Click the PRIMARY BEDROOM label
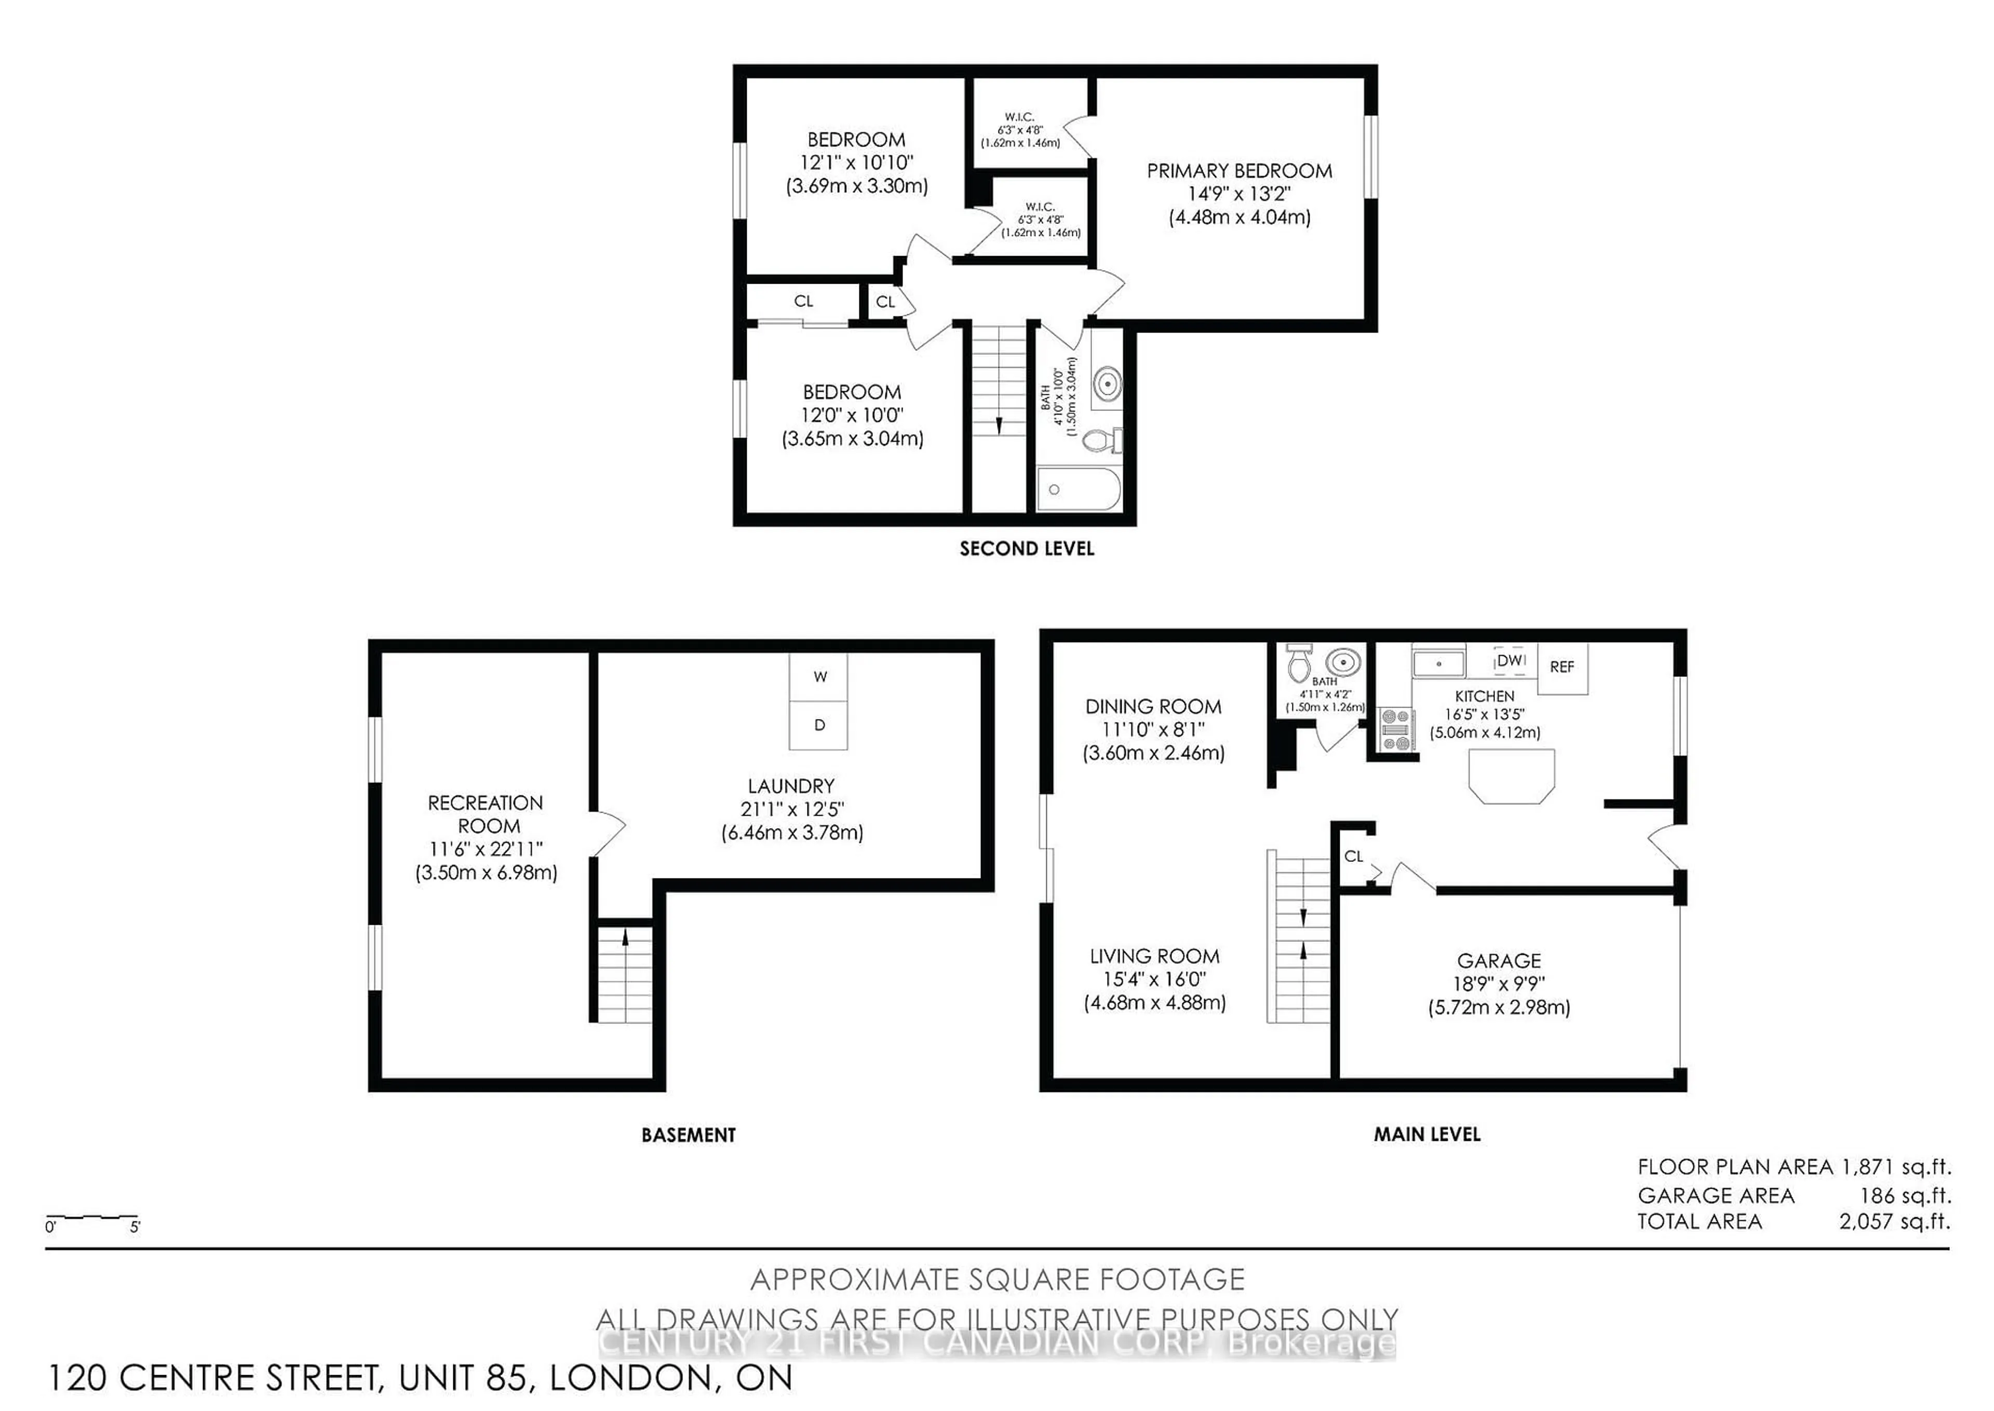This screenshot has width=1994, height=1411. (x=1239, y=171)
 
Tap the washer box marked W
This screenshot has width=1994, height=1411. (x=819, y=677)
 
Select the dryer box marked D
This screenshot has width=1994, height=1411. (x=819, y=725)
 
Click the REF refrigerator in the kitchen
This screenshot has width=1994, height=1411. (x=1561, y=667)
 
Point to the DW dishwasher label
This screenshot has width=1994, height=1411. (x=1511, y=660)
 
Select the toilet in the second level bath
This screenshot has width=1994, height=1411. (x=1101, y=442)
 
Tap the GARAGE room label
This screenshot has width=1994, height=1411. (x=1499, y=961)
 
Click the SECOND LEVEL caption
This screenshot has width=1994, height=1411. (x=1027, y=549)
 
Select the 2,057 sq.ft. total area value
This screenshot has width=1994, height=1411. (x=1894, y=1221)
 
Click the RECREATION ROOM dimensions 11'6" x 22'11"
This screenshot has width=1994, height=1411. (x=487, y=850)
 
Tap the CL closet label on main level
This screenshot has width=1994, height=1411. (x=1353, y=857)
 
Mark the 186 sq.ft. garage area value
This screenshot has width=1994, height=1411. (x=1905, y=1195)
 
